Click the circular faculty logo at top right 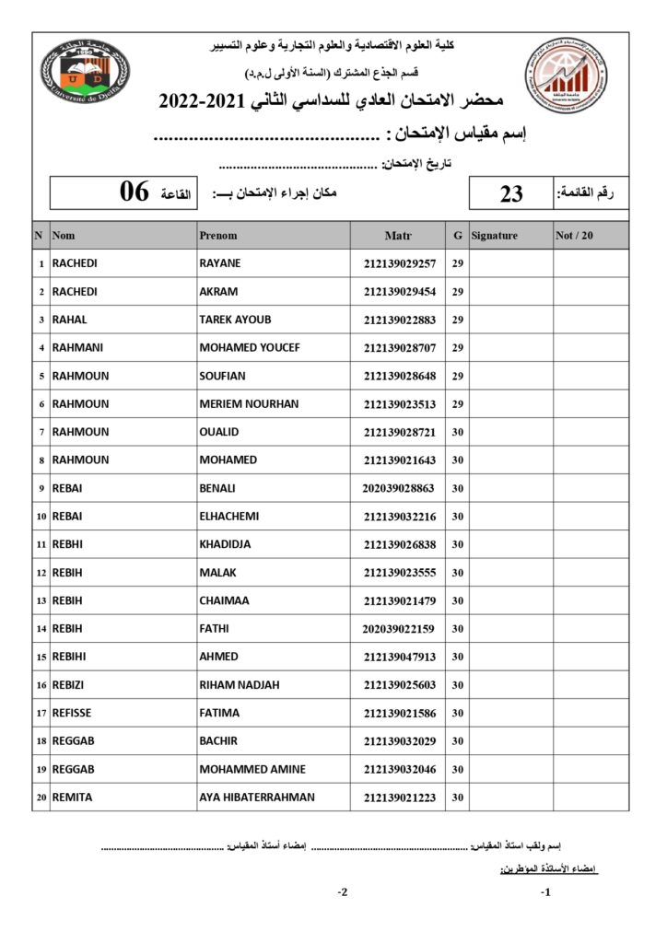tap(567, 75)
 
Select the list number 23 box tap(511, 192)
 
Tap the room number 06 tap(135, 192)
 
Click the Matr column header tap(398, 236)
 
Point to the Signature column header tap(495, 236)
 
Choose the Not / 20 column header tap(575, 236)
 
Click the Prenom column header tap(218, 236)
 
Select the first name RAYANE tap(220, 263)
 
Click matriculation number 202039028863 tap(398, 488)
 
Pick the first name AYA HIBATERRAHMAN tap(257, 797)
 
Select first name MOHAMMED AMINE tap(252, 769)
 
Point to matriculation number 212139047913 tap(399, 657)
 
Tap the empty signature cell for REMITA tap(510, 797)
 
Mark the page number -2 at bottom tap(342, 892)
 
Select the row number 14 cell tap(41, 629)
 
